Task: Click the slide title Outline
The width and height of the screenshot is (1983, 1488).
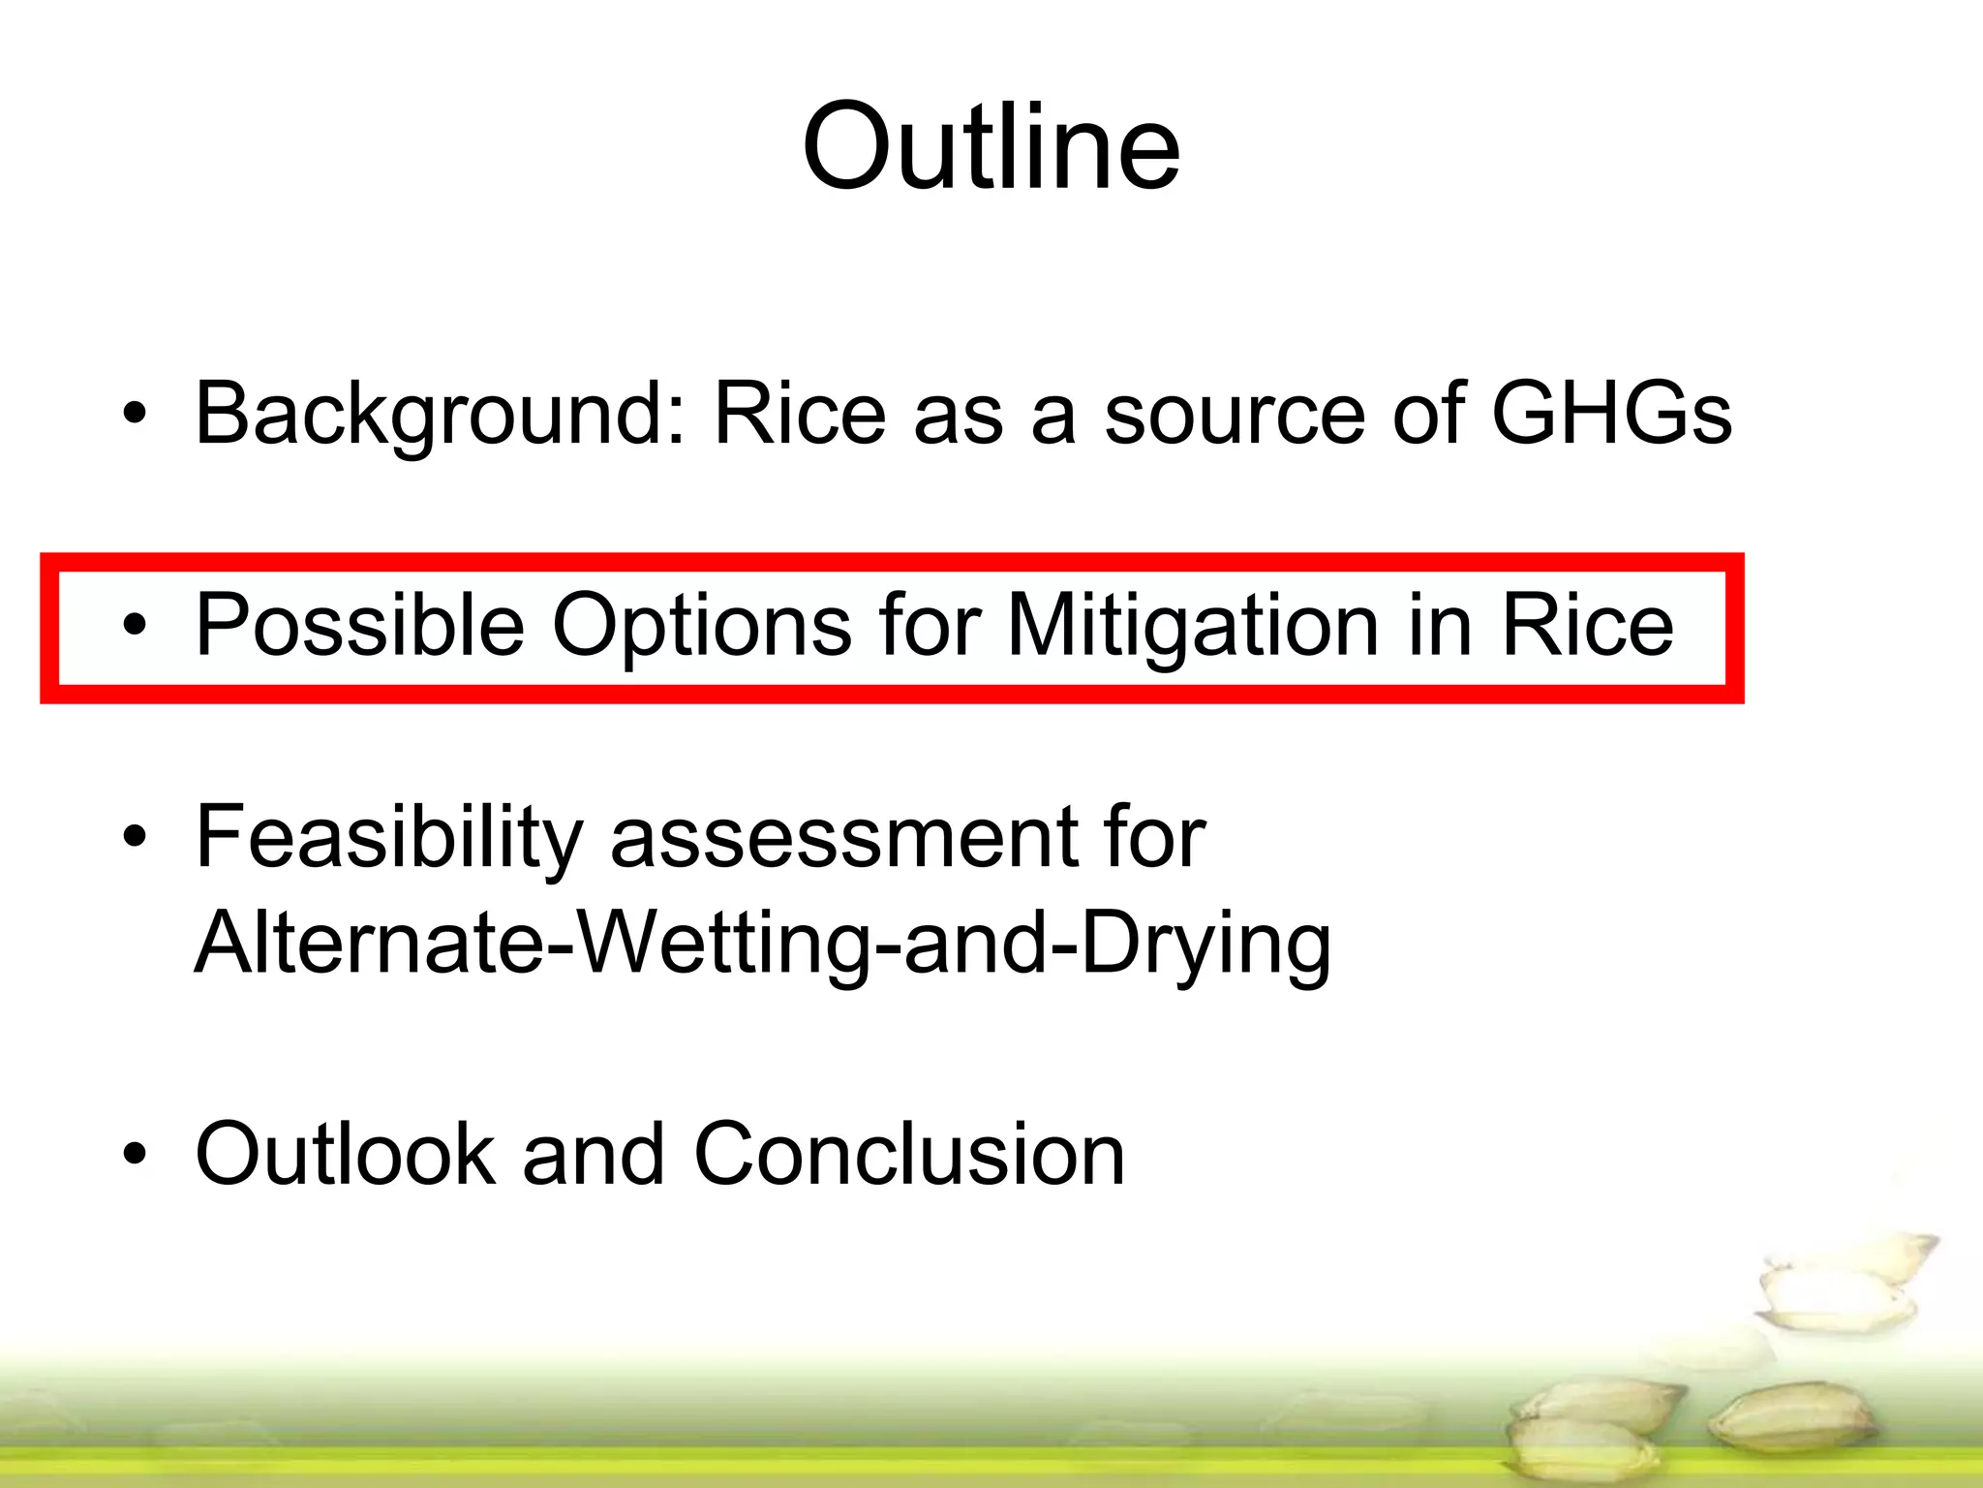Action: tap(991, 147)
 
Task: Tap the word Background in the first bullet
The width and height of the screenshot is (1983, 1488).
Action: tap(442, 415)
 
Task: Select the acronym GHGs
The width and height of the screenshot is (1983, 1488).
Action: tap(1611, 415)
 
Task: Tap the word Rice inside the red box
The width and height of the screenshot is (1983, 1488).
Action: tap(1586, 626)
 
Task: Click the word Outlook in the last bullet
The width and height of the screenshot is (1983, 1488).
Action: tap(346, 1154)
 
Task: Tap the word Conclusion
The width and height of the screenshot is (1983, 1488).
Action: tap(909, 1154)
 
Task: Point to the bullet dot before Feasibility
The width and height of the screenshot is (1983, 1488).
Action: tap(135, 837)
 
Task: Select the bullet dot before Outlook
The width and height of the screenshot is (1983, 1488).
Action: tap(135, 1154)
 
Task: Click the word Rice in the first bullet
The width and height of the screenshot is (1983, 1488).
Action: tap(800, 415)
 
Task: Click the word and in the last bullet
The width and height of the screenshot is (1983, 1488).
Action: tap(593, 1154)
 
